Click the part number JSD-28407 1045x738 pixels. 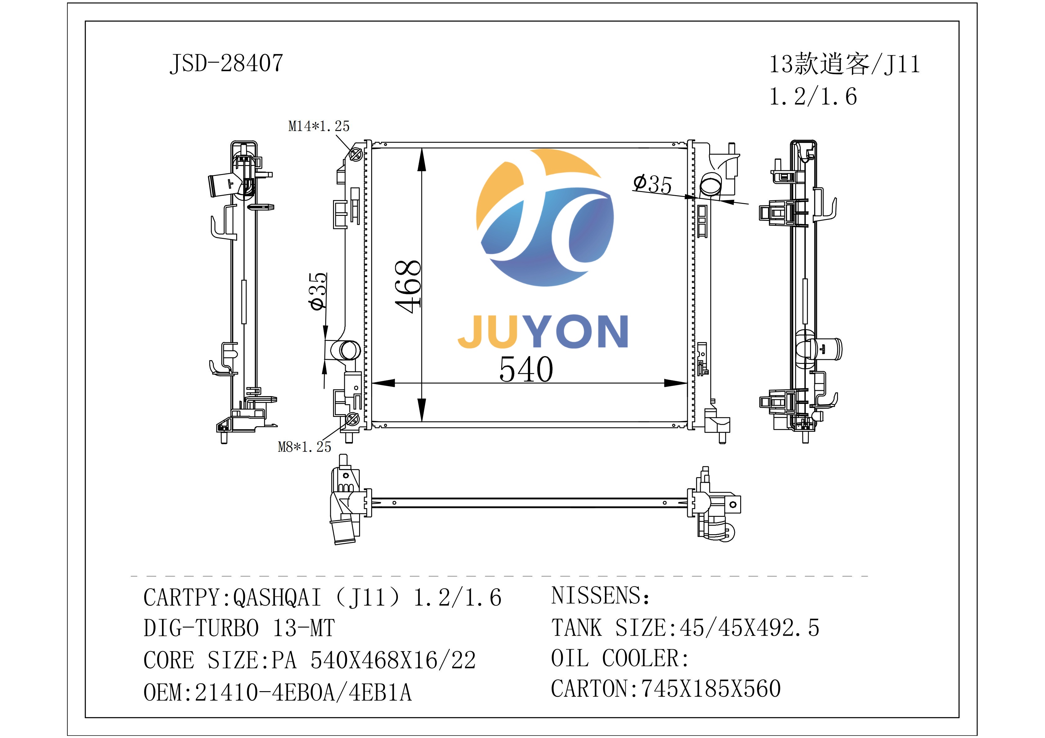tap(226, 63)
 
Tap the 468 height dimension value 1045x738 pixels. tap(408, 287)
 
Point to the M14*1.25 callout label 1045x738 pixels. tap(319, 126)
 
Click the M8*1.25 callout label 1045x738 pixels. tap(304, 447)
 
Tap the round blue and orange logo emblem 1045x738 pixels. tap(545, 217)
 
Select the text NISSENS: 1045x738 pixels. tap(601, 596)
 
